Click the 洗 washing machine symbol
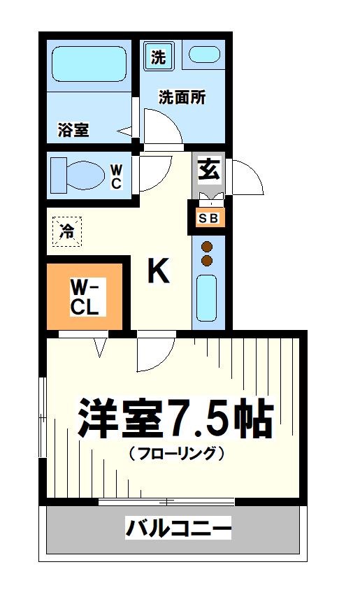(159, 57)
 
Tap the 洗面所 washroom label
(181, 98)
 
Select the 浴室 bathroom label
(73, 129)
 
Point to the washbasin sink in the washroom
(204, 55)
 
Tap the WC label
(116, 176)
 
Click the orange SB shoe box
(209, 218)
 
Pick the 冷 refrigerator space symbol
(67, 231)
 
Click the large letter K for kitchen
(159, 271)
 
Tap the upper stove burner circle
(207, 247)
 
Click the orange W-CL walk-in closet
(87, 296)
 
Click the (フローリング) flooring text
(176, 453)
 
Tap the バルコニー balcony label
(178, 528)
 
